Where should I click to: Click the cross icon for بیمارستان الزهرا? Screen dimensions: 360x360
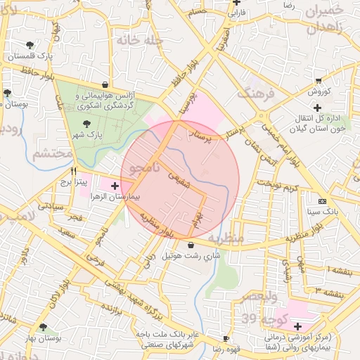tap(115, 186)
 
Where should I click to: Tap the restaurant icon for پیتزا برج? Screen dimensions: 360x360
tap(74, 170)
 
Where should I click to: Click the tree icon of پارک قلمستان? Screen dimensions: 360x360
tap(30, 45)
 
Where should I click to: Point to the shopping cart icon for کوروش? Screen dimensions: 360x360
tap(319, 81)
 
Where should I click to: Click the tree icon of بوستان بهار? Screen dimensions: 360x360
tap(44, 327)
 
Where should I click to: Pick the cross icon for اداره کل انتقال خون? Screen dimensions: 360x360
tap(318, 108)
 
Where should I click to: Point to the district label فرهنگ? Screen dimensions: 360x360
tap(254, 91)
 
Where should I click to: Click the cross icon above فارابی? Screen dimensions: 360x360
tap(237, 2)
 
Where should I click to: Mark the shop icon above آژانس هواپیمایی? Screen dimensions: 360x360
tap(105, 83)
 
